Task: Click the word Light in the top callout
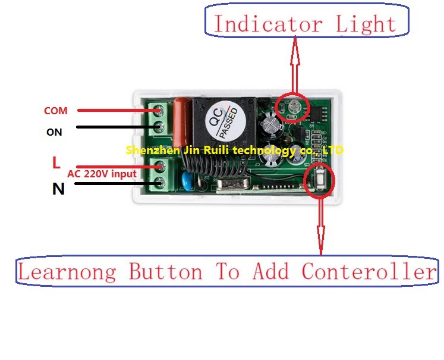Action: (x=366, y=24)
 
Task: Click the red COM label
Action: (x=55, y=111)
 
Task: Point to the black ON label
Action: (x=54, y=132)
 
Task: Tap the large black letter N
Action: (x=58, y=189)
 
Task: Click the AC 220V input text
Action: (x=102, y=174)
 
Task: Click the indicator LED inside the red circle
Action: (x=294, y=107)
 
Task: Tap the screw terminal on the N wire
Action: (x=159, y=183)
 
